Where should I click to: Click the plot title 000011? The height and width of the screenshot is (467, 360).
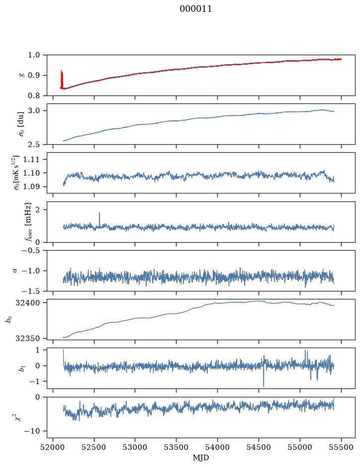pyautogui.click(x=195, y=9)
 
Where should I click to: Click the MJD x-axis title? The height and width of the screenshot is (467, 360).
pyautogui.click(x=201, y=458)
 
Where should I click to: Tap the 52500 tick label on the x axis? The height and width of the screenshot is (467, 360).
pyautogui.click(x=94, y=447)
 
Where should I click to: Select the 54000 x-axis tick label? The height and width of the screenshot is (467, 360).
pyautogui.click(x=217, y=447)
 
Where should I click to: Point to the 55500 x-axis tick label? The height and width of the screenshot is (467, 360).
pyautogui.click(x=341, y=447)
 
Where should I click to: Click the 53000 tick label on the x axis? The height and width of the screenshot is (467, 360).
pyautogui.click(x=135, y=447)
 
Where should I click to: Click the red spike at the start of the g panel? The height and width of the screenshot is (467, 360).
pyautogui.click(x=62, y=79)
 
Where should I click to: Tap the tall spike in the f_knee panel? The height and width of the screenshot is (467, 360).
pyautogui.click(x=99, y=219)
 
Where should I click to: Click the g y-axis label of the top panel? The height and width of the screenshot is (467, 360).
pyautogui.click(x=21, y=75)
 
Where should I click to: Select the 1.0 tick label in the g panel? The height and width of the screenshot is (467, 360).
pyautogui.click(x=34, y=55)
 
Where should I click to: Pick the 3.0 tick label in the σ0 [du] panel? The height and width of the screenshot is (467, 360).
pyautogui.click(x=34, y=111)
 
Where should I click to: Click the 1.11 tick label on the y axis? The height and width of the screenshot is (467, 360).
pyautogui.click(x=31, y=159)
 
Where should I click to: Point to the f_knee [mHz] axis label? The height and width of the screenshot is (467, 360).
pyautogui.click(x=28, y=222)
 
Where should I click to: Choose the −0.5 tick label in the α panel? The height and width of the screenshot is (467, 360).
pyautogui.click(x=31, y=251)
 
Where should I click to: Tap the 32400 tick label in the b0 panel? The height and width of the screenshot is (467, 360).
pyautogui.click(x=28, y=303)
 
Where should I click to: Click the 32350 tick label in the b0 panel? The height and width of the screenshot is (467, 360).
pyautogui.click(x=28, y=339)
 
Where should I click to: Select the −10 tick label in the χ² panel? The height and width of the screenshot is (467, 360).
pyautogui.click(x=33, y=431)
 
